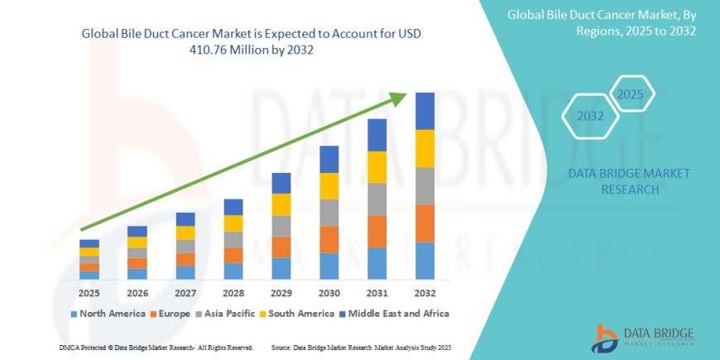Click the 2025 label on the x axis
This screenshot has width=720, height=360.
click(89, 293)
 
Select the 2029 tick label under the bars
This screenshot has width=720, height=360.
click(281, 293)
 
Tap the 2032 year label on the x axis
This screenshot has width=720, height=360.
click(425, 293)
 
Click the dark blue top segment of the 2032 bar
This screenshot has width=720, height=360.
click(425, 111)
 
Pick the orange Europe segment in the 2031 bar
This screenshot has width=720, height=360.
click(377, 231)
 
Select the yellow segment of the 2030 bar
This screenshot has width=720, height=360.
click(329, 185)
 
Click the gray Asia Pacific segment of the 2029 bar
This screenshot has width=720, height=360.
click(281, 226)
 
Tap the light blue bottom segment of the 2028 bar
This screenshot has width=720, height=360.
click(233, 271)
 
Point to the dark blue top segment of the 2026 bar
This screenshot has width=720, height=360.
click(137, 231)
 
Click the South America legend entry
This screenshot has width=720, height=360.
click(300, 314)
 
